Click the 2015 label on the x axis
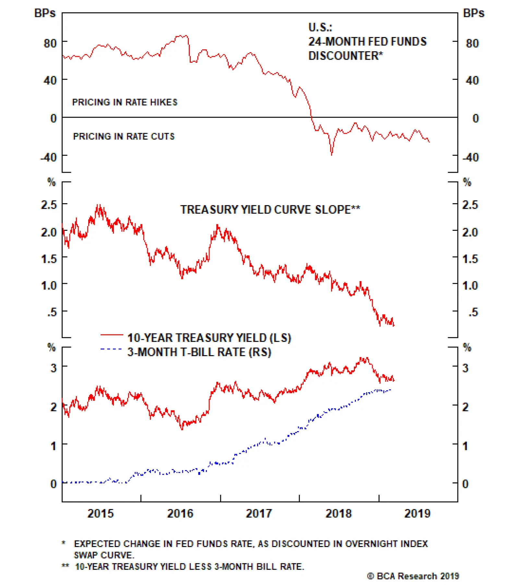(x=101, y=514)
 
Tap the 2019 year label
(x=417, y=514)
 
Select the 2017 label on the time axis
(x=259, y=514)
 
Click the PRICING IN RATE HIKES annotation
(x=125, y=102)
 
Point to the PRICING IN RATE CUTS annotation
(x=124, y=136)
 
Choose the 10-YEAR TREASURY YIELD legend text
(x=209, y=338)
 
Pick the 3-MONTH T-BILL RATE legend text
(x=199, y=352)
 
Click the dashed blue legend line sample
(x=111, y=349)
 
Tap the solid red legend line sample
(x=112, y=334)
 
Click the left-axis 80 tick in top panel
(x=50, y=43)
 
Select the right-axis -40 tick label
(x=471, y=157)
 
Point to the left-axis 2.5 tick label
(x=49, y=205)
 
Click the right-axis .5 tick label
(x=473, y=312)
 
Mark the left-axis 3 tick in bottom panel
(x=54, y=368)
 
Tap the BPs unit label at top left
(x=45, y=13)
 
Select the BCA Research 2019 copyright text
(x=413, y=576)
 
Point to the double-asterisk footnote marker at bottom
(x=66, y=566)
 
